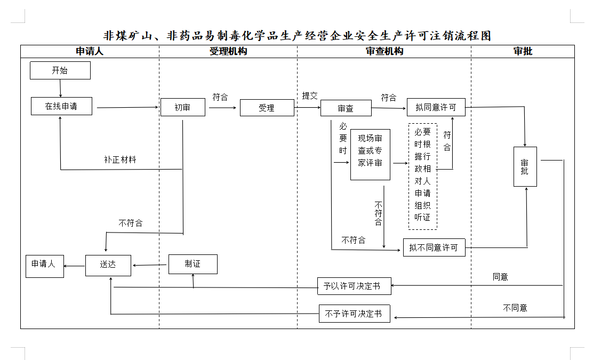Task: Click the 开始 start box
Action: pyautogui.click(x=60, y=70)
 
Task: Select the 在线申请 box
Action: pyautogui.click(x=61, y=106)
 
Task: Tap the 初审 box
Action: pyautogui.click(x=182, y=108)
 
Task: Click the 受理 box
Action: pyautogui.click(x=267, y=108)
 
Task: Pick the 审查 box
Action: pyautogui.click(x=346, y=108)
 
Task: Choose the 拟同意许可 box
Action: pyautogui.click(x=436, y=108)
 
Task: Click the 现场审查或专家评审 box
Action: pyautogui.click(x=370, y=155)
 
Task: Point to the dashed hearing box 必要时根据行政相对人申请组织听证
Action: pyautogui.click(x=422, y=176)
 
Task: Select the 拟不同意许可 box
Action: pyautogui.click(x=434, y=248)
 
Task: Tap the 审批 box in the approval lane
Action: pyautogui.click(x=525, y=167)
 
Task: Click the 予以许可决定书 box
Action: pyautogui.click(x=354, y=286)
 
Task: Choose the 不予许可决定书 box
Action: pyautogui.click(x=354, y=314)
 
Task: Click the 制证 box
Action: pyautogui.click(x=193, y=264)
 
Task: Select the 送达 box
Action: pyautogui.click(x=108, y=265)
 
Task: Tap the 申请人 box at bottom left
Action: pyautogui.click(x=44, y=265)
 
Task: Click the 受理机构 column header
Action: pyautogui.click(x=228, y=51)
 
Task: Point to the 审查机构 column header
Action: pyautogui.click(x=384, y=51)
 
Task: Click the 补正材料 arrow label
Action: pyautogui.click(x=120, y=159)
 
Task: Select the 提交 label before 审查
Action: pyautogui.click(x=310, y=96)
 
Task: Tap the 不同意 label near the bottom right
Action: pyautogui.click(x=515, y=308)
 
